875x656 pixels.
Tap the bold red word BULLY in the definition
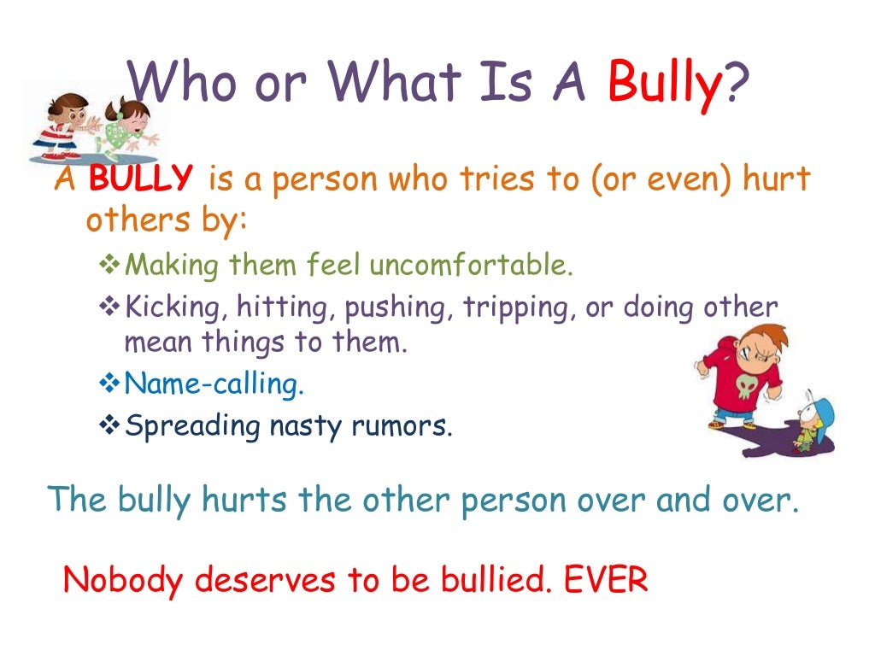(141, 180)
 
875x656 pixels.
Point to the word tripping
(520, 307)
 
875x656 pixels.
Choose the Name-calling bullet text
(214, 384)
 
